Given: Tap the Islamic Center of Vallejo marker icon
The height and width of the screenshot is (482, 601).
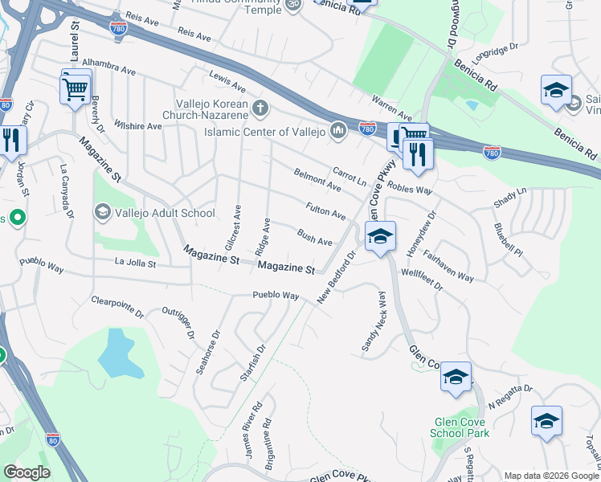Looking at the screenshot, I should coord(338,130).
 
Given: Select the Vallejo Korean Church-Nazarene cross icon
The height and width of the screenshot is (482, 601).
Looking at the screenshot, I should coord(259,107).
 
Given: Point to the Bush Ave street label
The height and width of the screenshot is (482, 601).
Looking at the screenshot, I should coord(314,237).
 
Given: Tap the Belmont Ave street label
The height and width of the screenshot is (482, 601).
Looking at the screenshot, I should coord(317,179).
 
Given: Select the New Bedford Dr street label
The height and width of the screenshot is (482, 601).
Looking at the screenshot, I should coord(336,278).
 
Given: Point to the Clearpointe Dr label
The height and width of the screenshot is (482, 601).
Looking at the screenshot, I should coord(117,306).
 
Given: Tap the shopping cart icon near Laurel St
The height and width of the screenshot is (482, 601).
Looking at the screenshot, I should coord(75,88).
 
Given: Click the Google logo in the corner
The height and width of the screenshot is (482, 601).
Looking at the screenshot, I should coord(27,472).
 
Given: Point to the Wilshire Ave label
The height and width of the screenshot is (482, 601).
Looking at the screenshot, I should coord(137,125).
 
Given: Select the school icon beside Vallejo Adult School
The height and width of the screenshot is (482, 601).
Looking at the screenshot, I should coord(102,212).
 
